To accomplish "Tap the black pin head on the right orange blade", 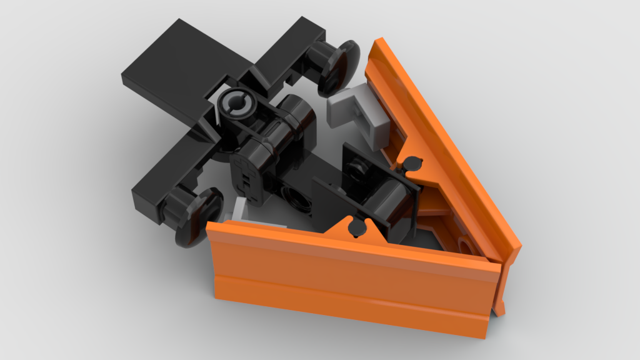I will point(412,164).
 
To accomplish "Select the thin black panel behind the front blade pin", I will point(331,200).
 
